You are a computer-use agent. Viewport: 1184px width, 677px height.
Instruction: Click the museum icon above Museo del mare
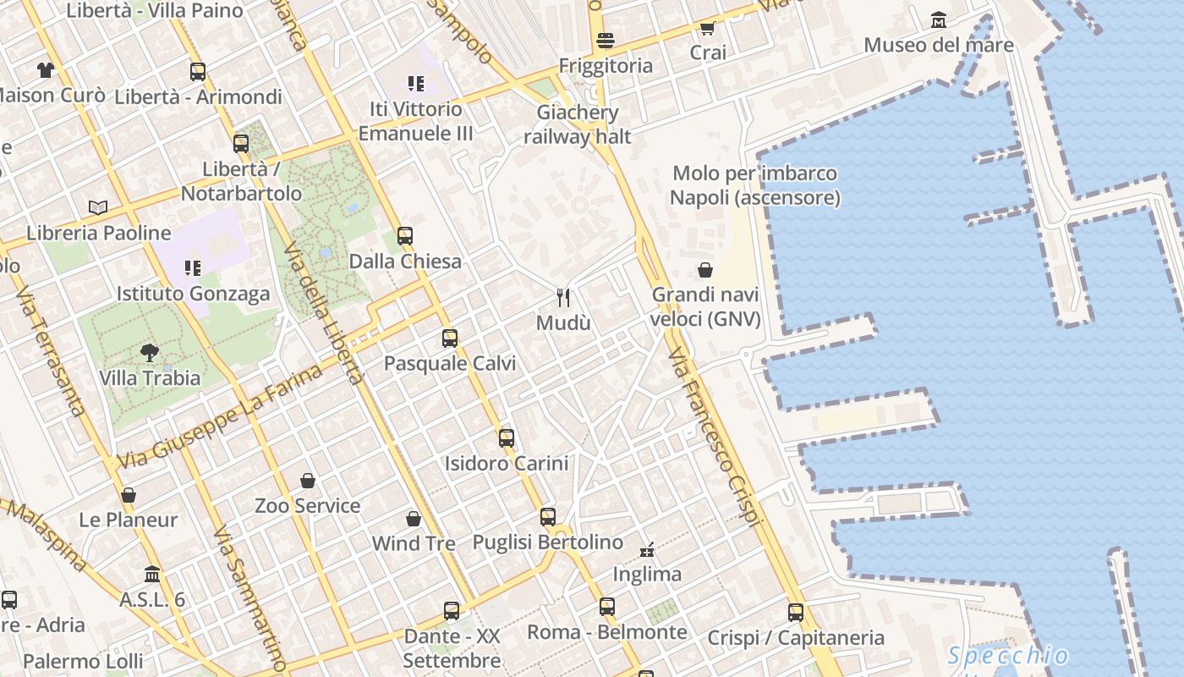938,19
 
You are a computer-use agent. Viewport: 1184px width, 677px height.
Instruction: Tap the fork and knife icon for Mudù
563,297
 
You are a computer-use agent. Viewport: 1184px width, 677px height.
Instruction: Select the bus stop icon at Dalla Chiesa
405,236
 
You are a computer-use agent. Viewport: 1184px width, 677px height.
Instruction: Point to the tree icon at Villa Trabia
150,352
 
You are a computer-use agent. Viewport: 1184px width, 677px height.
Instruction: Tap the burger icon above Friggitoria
605,40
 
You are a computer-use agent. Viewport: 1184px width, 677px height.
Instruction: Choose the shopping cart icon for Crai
708,28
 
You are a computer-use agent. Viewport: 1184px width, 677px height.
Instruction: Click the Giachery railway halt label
578,124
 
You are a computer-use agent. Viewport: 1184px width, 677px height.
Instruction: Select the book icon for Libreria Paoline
98,207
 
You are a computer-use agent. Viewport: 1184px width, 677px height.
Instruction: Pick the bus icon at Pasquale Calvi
450,338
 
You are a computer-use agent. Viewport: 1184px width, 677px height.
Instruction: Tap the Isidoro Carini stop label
507,464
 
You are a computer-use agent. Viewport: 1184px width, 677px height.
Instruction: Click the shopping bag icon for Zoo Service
308,481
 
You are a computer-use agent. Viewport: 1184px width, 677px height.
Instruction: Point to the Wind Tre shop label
414,543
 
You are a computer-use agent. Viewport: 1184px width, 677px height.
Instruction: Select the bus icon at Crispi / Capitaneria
796,612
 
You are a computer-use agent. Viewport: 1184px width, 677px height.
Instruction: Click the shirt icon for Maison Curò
45,69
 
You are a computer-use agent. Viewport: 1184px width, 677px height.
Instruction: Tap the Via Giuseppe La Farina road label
220,416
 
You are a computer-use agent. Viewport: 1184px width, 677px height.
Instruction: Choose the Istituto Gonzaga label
193,294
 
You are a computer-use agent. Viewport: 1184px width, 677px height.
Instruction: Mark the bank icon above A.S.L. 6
152,574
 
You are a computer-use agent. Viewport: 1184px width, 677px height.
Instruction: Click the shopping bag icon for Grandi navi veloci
705,270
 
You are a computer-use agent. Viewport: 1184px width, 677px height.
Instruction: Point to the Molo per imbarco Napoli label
754,185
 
